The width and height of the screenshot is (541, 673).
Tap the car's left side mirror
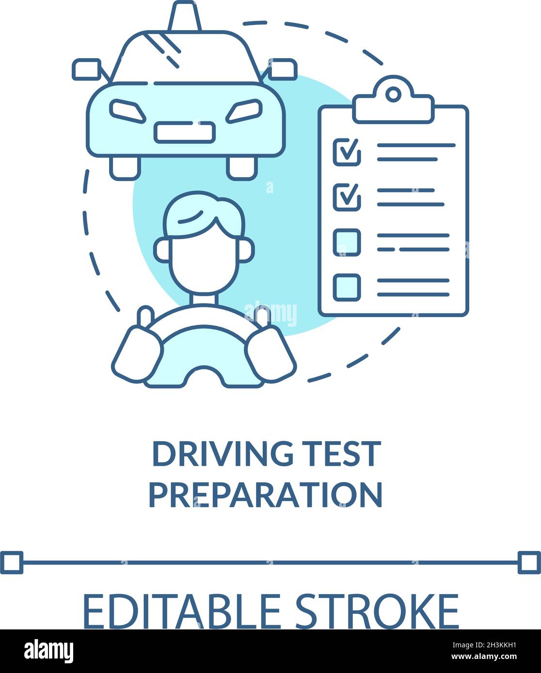coord(86,69)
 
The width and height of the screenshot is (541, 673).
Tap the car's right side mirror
coord(283,69)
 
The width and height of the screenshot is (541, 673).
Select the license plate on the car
coord(184,132)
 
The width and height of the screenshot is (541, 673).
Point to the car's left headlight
coord(127,111)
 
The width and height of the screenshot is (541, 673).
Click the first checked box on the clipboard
coord(347,152)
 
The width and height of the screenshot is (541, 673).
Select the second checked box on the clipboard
coord(347,197)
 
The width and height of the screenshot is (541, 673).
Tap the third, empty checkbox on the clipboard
coord(347,242)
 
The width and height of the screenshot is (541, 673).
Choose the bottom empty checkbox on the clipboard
coord(347,287)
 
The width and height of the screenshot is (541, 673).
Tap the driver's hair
coord(204,213)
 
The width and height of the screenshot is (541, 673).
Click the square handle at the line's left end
coord(12,562)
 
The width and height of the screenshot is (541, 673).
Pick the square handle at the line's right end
coord(529,562)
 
